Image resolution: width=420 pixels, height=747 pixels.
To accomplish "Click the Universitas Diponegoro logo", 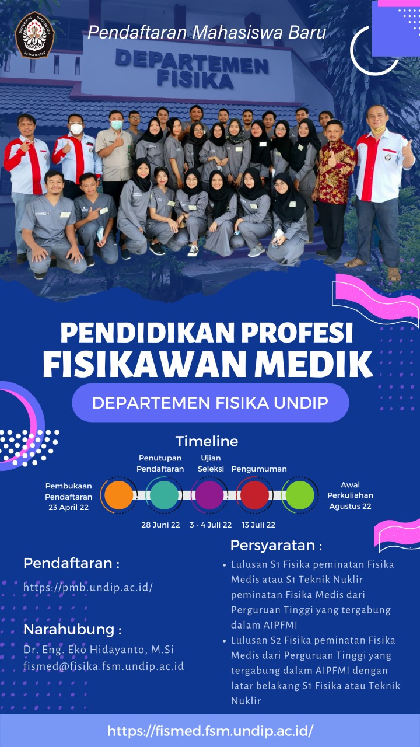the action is click(x=34, y=34).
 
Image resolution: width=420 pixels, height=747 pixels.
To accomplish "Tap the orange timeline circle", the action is click(x=118, y=495).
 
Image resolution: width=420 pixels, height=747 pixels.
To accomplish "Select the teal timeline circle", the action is click(x=164, y=495).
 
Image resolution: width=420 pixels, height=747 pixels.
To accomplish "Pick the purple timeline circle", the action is click(x=209, y=495).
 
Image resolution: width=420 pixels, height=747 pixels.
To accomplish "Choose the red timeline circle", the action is click(x=255, y=495).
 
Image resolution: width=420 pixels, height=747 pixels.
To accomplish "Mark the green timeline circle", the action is click(x=300, y=495).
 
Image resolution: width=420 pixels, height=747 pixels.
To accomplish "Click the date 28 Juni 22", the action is click(x=160, y=525).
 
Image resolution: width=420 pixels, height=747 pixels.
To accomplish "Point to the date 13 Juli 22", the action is click(x=258, y=525).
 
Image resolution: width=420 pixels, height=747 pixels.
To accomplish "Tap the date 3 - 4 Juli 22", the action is click(x=211, y=525).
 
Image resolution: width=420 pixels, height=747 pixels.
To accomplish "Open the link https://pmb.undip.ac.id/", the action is click(x=88, y=587).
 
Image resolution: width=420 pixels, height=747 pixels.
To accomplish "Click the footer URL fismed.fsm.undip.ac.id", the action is click(x=211, y=731).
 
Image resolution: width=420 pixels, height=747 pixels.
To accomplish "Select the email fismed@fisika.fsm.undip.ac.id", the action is click(x=104, y=666).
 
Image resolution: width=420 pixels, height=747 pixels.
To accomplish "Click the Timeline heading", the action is click(x=207, y=441).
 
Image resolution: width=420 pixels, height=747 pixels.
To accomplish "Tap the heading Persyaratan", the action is click(x=272, y=546).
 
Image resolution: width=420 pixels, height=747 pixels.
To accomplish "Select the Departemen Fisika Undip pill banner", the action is click(x=211, y=403).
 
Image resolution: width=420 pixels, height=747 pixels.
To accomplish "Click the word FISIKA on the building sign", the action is click(x=195, y=79).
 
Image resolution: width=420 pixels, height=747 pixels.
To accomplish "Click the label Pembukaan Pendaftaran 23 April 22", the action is click(x=69, y=497).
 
